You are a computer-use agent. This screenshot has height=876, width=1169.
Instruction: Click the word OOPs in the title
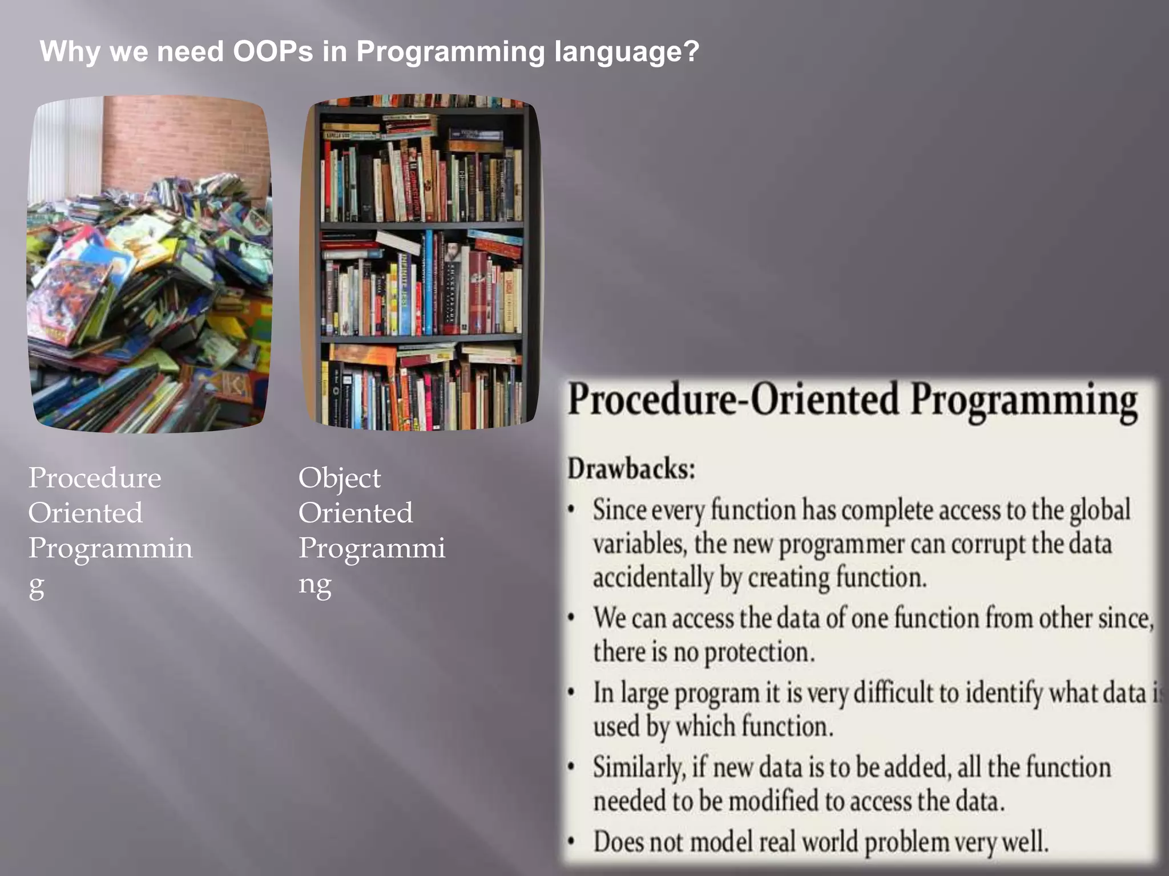[x=273, y=52]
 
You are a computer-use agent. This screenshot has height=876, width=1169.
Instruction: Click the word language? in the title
[x=626, y=52]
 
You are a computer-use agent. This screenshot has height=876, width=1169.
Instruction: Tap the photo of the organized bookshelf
[x=421, y=262]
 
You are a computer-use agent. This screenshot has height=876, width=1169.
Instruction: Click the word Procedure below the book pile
[x=95, y=478]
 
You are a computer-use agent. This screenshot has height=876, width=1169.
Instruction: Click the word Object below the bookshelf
[x=339, y=478]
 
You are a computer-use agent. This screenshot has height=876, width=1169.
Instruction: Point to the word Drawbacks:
[x=631, y=469]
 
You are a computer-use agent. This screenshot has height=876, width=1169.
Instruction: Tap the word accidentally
[x=653, y=578]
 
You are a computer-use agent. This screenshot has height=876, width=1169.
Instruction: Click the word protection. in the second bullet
[x=759, y=652]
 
